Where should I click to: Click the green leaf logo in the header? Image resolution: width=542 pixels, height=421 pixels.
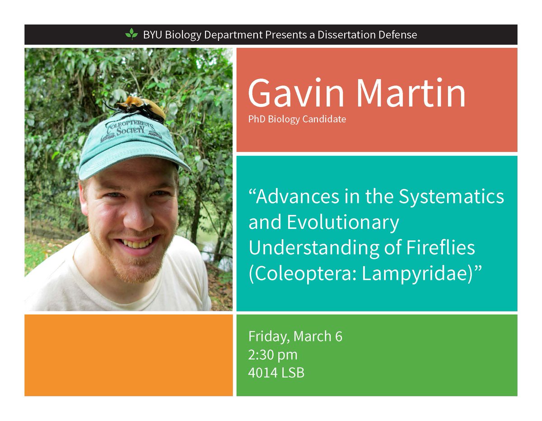(x=131, y=34)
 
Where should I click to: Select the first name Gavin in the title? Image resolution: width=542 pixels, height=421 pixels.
(x=296, y=94)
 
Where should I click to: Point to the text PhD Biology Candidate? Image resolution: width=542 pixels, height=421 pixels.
(x=297, y=120)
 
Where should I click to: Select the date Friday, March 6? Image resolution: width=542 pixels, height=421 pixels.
(x=295, y=337)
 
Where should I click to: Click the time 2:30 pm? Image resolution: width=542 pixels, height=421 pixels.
(x=273, y=355)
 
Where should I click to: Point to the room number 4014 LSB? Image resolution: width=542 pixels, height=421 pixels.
(x=276, y=373)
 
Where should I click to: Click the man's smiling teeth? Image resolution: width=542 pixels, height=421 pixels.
(x=134, y=243)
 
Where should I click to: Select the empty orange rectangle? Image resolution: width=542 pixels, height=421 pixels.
(x=128, y=355)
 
